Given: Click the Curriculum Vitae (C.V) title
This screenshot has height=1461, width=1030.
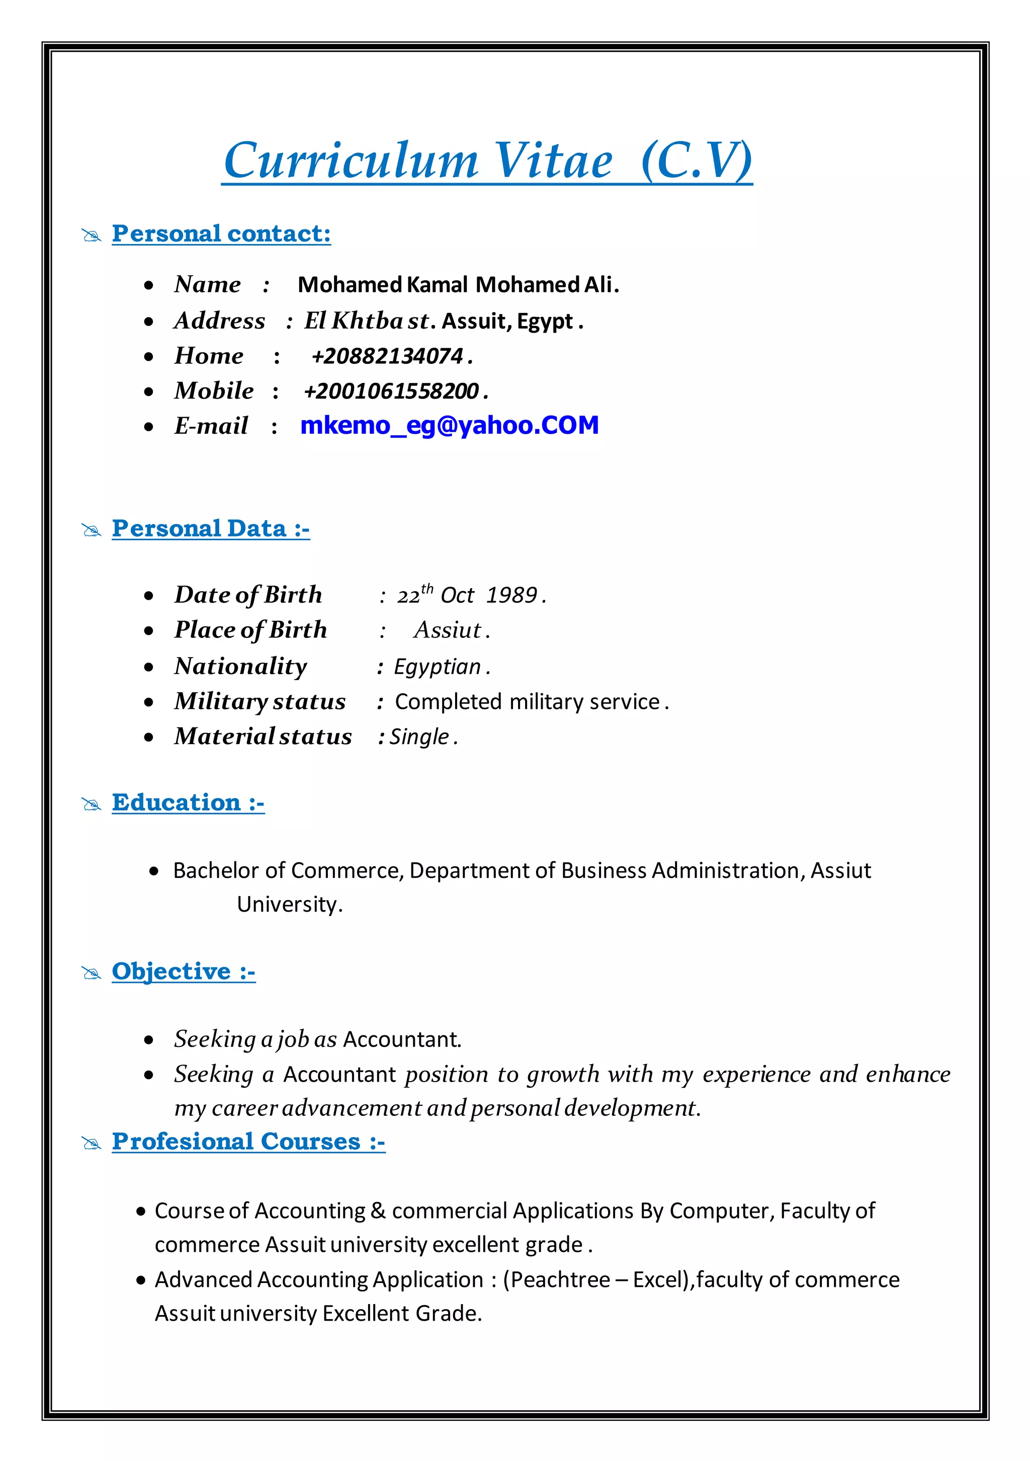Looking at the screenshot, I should [487, 160].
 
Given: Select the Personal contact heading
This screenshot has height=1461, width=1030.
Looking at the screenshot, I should [221, 233].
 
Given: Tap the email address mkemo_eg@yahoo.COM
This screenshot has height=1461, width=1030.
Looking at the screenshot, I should [449, 425].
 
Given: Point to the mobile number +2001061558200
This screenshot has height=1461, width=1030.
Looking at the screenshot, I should [391, 391].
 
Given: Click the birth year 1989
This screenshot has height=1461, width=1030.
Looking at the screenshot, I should [511, 595].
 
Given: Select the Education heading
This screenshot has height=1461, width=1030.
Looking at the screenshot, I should [188, 802].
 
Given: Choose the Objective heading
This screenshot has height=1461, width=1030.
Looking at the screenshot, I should [183, 971].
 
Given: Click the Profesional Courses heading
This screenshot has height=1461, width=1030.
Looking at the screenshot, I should [248, 1142].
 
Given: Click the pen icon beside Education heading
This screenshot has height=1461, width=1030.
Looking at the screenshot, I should [92, 805].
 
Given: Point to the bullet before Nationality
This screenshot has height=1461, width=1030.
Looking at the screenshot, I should [149, 668].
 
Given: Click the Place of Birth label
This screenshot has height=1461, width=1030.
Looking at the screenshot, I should [250, 630].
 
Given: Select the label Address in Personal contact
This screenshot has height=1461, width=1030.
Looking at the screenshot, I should [219, 320].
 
